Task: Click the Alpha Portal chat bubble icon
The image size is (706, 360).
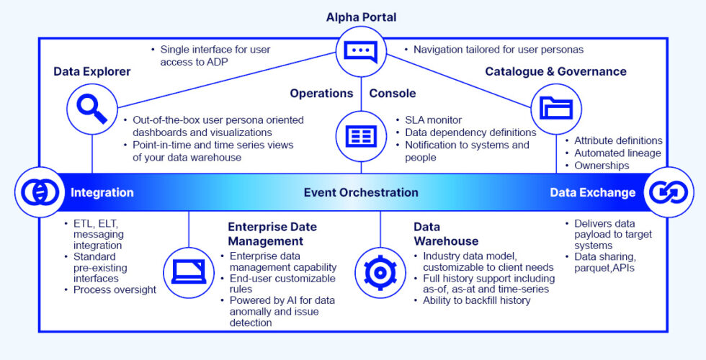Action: pos(360,51)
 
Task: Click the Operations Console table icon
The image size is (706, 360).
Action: pos(360,136)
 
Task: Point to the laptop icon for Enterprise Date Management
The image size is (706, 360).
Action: pos(188,271)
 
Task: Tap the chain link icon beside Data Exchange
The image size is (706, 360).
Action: pos(668,192)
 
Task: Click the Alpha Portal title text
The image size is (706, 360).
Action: pos(361,17)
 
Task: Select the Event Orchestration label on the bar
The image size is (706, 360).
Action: pos(361,192)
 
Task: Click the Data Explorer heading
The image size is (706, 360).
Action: pos(92,71)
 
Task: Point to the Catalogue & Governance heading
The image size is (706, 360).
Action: pos(555,71)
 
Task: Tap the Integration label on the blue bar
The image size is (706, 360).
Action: pos(102,192)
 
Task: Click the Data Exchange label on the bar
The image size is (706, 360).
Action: pos(592,192)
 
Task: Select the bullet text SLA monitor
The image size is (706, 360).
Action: pos(434,120)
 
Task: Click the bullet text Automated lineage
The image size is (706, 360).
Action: pos(617,153)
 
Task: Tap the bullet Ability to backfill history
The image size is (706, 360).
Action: pos(476,300)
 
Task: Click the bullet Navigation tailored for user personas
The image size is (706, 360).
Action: pos(499,50)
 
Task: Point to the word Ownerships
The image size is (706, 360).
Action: pos(602,165)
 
